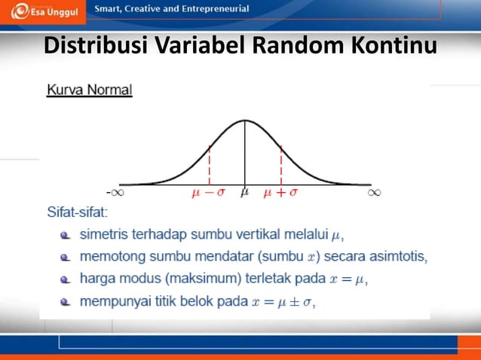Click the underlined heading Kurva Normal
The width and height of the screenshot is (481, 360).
(90, 90)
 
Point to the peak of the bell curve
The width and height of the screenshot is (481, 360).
(244, 121)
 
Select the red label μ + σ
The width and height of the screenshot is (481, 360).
(280, 193)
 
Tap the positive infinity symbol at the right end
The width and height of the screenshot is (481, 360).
(374, 192)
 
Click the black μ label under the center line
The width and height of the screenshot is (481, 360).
(244, 193)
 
